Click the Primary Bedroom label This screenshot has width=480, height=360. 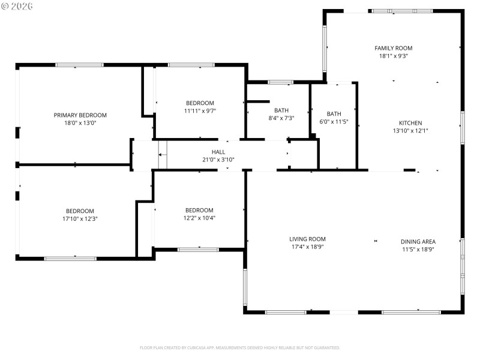click(80, 115)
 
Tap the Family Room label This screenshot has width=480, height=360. click(393, 48)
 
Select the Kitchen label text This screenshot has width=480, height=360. click(410, 123)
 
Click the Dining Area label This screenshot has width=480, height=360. click(418, 241)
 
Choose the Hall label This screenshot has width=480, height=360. click(218, 152)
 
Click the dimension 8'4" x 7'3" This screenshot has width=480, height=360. click(281, 118)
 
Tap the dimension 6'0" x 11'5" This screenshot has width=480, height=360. click(334, 122)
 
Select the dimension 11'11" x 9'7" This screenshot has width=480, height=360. click(200, 110)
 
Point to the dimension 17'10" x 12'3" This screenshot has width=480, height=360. click(80, 219)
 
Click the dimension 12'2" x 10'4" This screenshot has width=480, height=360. click(199, 218)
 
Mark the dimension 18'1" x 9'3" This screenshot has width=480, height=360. click(393, 56)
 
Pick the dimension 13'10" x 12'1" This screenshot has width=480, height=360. click(410, 131)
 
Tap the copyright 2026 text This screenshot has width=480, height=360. click(17, 6)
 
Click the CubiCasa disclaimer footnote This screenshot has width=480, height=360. click(239, 347)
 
